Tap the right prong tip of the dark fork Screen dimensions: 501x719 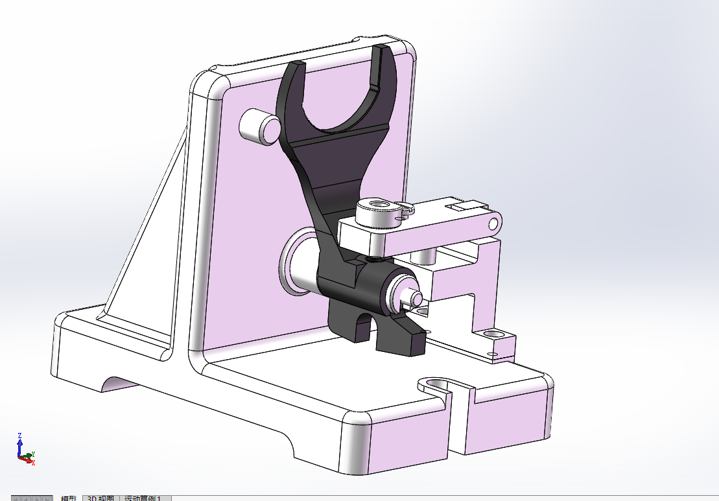click(x=380, y=49)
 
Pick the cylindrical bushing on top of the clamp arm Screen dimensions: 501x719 click(x=379, y=212)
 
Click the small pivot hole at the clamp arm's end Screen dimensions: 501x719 click(x=493, y=224)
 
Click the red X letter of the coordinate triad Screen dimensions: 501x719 click(x=33, y=463)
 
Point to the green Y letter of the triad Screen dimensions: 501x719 click(x=33, y=454)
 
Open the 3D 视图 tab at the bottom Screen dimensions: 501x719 click(x=100, y=498)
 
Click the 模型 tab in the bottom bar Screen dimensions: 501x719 click(x=68, y=498)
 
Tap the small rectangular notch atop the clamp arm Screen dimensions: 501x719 click(x=463, y=207)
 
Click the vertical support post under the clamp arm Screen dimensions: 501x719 click(x=425, y=255)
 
